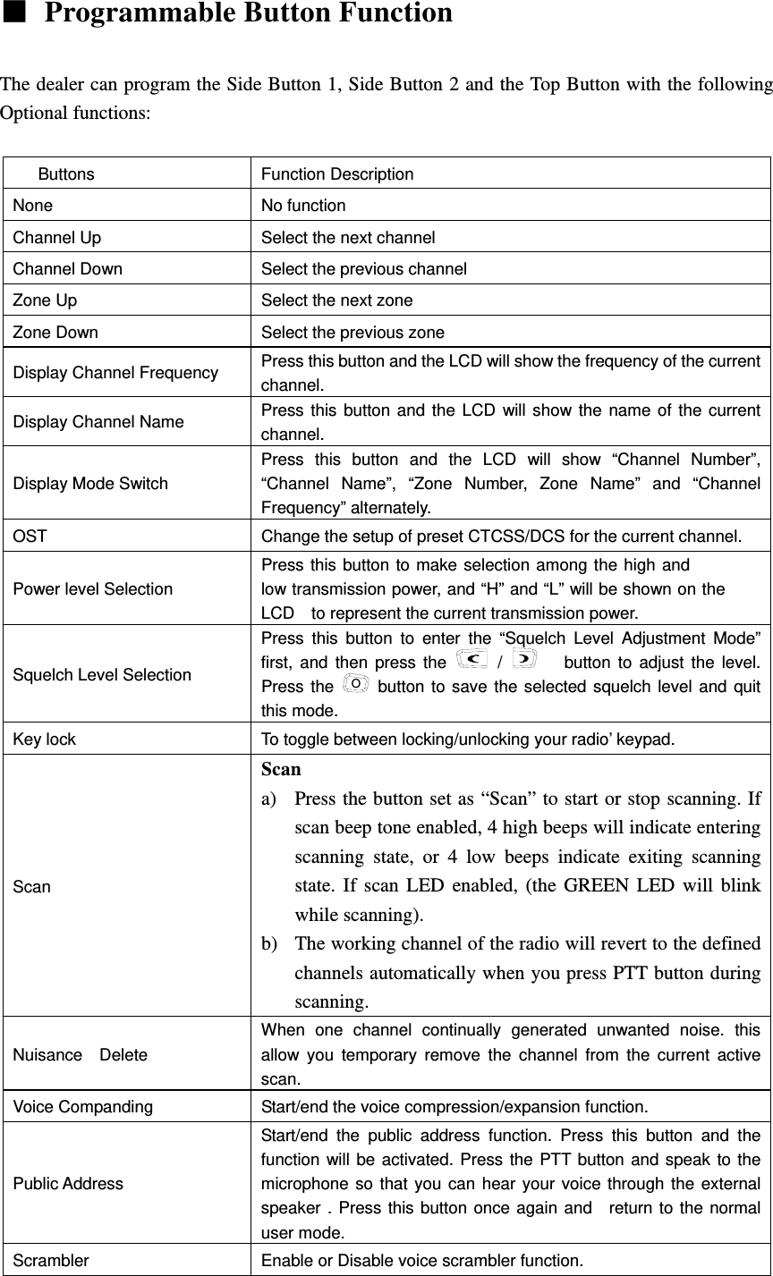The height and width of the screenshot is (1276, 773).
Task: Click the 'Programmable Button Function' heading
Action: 248,14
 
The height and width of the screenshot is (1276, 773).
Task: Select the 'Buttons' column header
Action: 66,174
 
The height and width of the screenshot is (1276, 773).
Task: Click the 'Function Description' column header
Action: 337,174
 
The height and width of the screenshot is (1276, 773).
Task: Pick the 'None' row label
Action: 33,206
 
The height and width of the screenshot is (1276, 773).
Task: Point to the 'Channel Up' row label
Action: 57,238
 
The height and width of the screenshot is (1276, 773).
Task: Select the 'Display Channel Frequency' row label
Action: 115,373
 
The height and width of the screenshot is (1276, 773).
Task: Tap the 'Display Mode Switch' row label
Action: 90,484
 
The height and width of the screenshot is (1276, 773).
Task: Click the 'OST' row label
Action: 30,537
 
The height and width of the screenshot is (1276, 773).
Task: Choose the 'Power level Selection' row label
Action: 93,589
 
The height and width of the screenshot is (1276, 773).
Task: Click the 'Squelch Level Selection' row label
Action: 102,675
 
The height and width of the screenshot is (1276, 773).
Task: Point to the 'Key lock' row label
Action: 45,739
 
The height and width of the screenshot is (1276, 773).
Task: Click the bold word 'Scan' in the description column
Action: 281,769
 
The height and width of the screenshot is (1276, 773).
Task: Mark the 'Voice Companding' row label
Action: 83,1107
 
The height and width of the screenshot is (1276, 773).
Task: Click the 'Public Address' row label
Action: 68,1184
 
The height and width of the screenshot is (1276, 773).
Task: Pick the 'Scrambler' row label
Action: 51,1261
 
